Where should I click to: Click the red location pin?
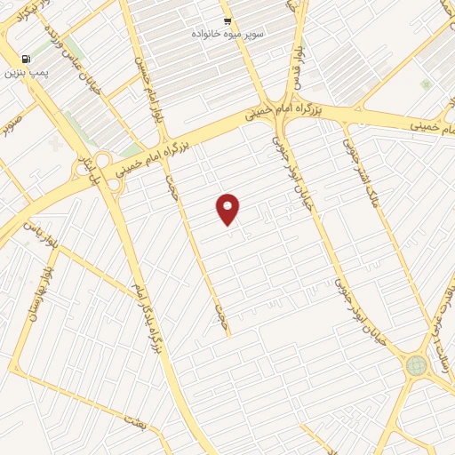click(x=228, y=208)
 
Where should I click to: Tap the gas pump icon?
click(x=22, y=59)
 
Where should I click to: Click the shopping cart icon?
click(x=227, y=21)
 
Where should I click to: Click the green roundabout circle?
click(x=416, y=364)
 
